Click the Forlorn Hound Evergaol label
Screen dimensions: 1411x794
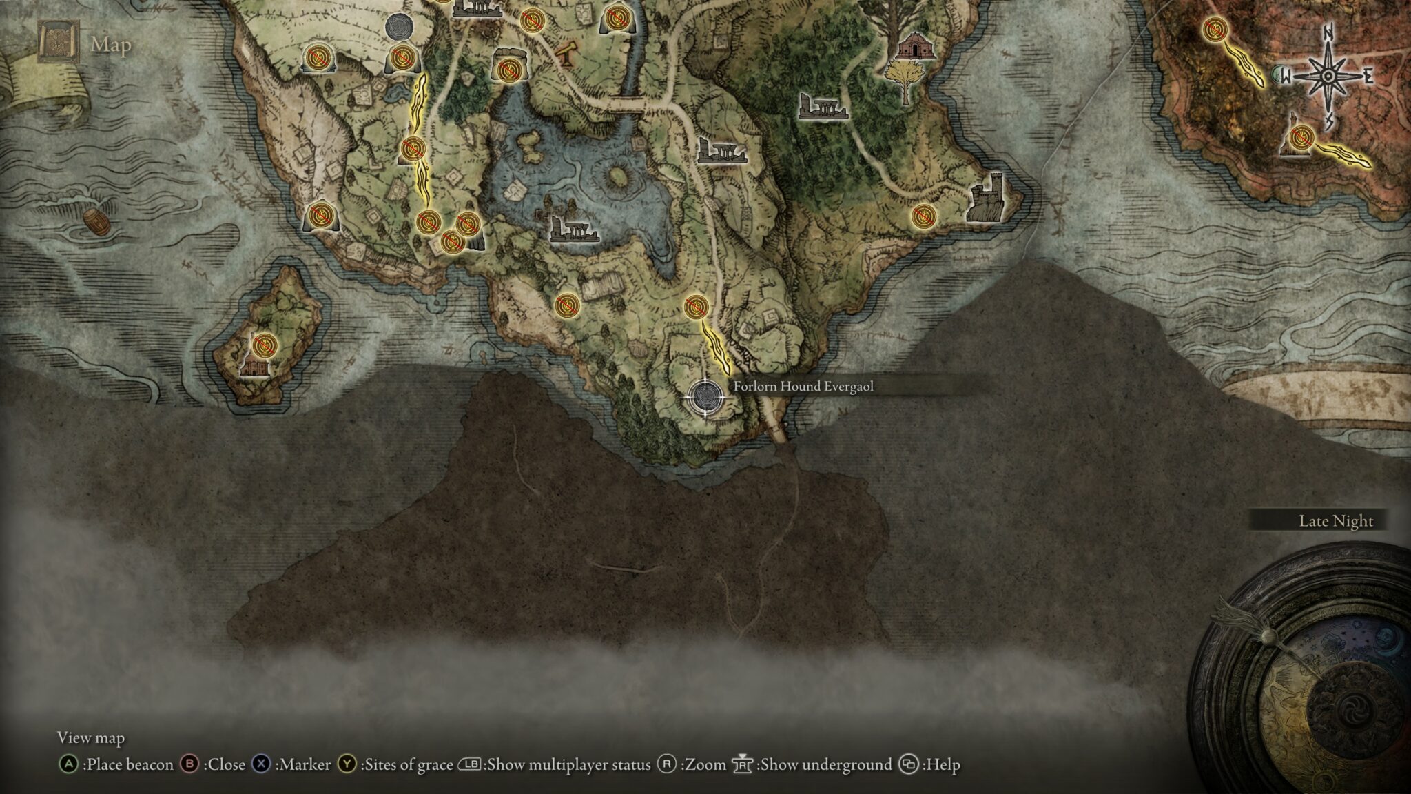(x=803, y=387)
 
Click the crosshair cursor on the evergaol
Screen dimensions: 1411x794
(x=705, y=397)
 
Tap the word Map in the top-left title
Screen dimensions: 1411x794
(x=111, y=45)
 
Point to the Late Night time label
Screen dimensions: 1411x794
(x=1335, y=521)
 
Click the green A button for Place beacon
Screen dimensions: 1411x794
(x=68, y=764)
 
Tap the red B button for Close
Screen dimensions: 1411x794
(x=189, y=764)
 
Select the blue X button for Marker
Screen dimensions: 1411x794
(x=261, y=764)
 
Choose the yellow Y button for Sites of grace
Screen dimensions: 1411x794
(x=347, y=764)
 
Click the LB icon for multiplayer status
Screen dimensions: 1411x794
(x=470, y=764)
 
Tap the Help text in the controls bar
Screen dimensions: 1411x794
(x=942, y=764)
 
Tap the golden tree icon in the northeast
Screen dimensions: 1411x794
(x=903, y=77)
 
